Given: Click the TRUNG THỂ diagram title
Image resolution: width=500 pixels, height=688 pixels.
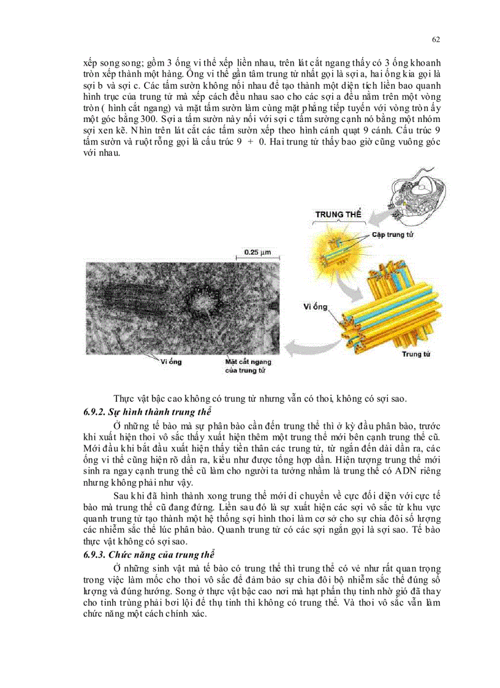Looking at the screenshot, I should [x=338, y=215].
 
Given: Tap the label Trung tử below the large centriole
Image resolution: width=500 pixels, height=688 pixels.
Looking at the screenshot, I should [x=415, y=354].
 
